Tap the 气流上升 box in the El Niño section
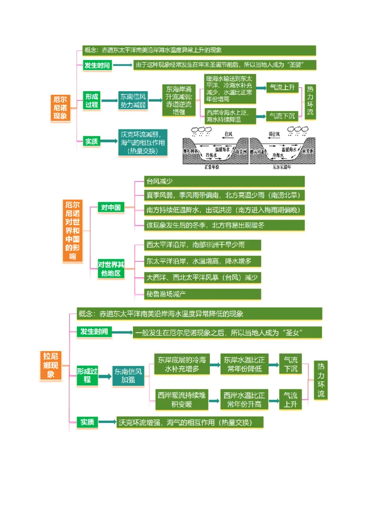click(282, 87)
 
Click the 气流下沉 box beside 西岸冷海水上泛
click(282, 116)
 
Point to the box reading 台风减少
click(224, 181)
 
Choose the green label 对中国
click(110, 208)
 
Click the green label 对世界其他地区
click(110, 269)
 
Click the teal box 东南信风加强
click(128, 376)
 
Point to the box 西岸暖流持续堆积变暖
click(182, 399)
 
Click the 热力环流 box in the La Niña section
click(321, 380)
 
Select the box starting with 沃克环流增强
click(190, 422)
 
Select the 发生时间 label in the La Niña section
click(94, 332)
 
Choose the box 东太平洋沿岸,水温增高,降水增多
click(202, 261)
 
